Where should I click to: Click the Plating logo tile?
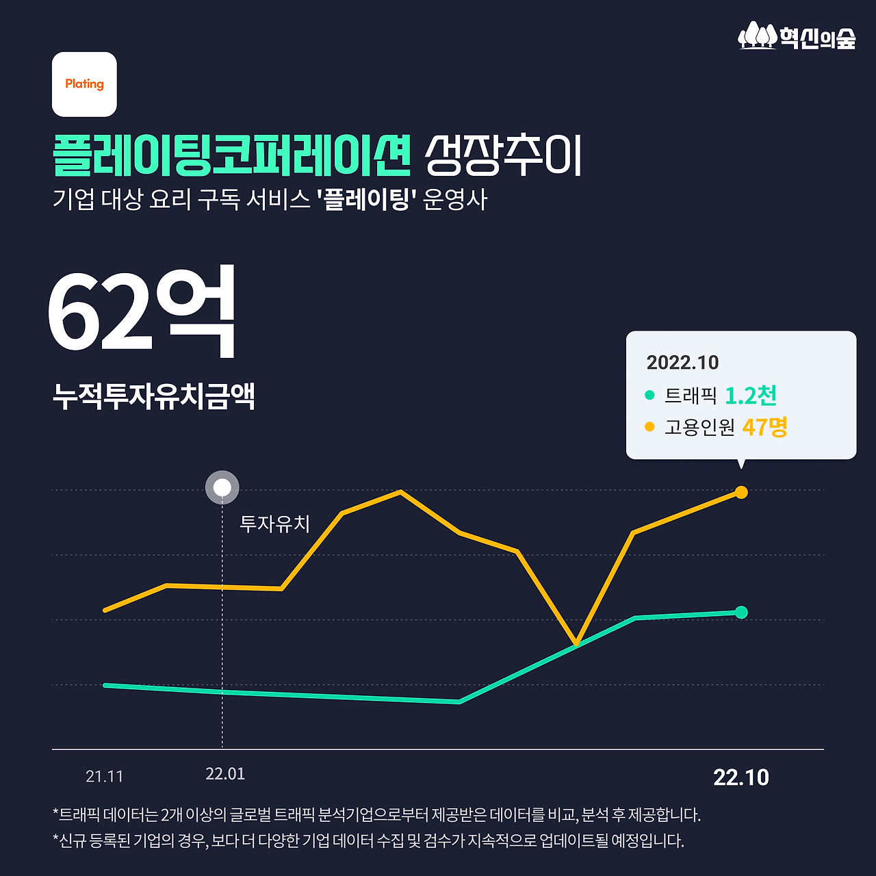[x=84, y=84]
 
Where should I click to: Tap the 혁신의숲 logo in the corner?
[x=797, y=36]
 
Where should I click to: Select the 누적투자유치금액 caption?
[x=154, y=396]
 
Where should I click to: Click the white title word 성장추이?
[x=503, y=155]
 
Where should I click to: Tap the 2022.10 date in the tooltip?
[x=682, y=363]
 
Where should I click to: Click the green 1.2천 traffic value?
[x=751, y=396]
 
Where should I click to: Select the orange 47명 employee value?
[x=764, y=427]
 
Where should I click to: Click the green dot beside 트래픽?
[x=649, y=395]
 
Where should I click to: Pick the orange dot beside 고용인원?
[x=649, y=427]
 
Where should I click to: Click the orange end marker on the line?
[x=741, y=492]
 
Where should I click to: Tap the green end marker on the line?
[x=741, y=612]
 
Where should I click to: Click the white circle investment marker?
[x=222, y=488]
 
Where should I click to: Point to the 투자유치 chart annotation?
[x=275, y=524]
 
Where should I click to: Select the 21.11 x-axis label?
[x=105, y=777]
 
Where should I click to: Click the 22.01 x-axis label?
[x=225, y=774]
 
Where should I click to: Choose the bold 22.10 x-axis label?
[x=741, y=777]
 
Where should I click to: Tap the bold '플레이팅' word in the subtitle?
[x=368, y=200]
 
